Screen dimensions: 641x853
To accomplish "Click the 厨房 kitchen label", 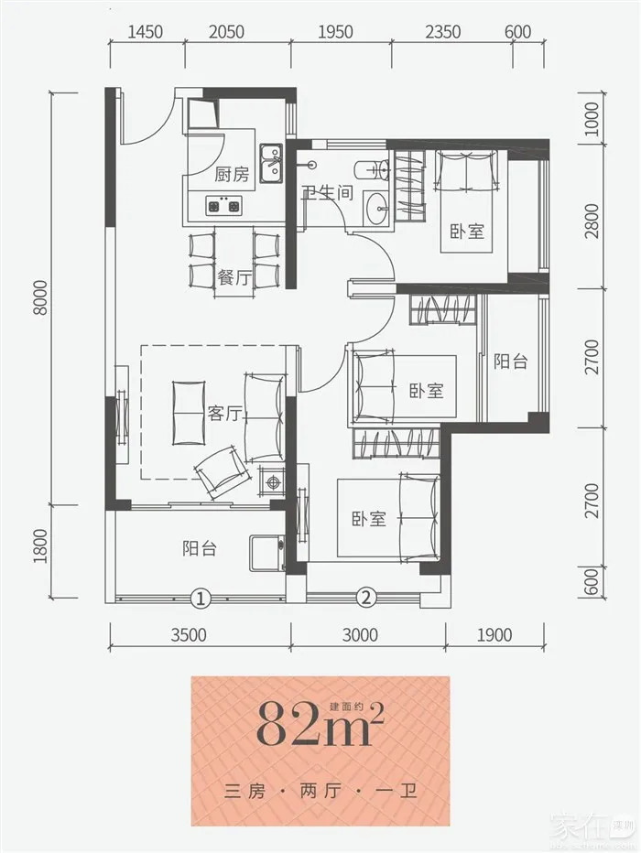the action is [x=232, y=174].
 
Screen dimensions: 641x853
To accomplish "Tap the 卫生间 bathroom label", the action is [x=328, y=192].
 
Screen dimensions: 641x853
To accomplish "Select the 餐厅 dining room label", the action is [x=234, y=278].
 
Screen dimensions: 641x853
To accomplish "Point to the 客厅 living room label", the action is [x=224, y=414].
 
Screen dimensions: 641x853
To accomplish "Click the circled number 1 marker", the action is [x=201, y=599].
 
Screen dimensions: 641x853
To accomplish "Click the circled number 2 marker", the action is [x=366, y=599].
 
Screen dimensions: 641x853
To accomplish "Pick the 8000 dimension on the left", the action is [x=40, y=297].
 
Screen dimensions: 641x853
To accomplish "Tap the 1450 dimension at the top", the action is [x=145, y=31].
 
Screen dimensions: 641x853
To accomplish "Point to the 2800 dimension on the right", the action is [x=592, y=221].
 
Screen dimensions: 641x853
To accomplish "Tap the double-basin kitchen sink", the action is [x=271, y=163].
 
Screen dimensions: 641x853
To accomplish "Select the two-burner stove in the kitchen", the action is [x=223, y=206].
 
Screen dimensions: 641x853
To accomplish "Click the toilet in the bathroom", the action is [x=372, y=170].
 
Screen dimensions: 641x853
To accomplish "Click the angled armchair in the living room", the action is [x=223, y=470].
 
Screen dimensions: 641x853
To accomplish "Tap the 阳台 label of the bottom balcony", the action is [x=200, y=548].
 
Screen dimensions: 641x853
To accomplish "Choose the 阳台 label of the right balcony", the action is [x=510, y=362].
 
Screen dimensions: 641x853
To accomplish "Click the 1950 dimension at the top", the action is [x=335, y=31].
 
